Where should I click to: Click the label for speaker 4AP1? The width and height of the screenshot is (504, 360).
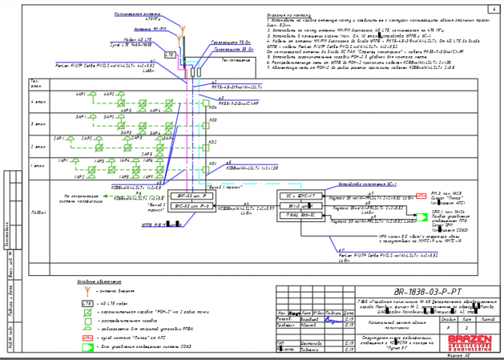click(80, 94)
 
